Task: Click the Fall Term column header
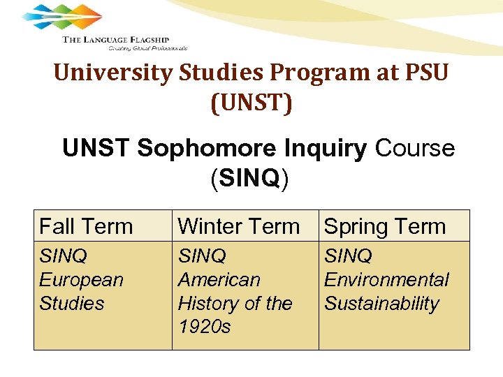[x=85, y=226]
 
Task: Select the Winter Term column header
[x=238, y=226]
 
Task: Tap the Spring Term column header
[x=385, y=226]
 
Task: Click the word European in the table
[x=81, y=280]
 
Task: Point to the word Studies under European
[x=71, y=304]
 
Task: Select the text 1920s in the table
[x=204, y=327]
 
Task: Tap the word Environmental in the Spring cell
[x=386, y=280]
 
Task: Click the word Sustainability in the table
[x=381, y=304]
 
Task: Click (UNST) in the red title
[x=251, y=103]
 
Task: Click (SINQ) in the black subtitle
[x=250, y=178]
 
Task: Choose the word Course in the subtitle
[x=415, y=149]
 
